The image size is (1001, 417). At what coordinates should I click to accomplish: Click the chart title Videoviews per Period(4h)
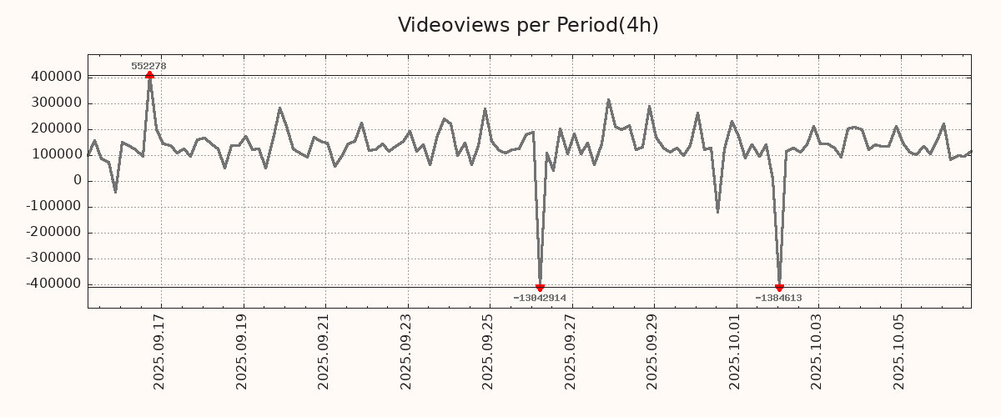click(x=528, y=25)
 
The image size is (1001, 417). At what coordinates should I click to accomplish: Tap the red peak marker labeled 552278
click(x=149, y=76)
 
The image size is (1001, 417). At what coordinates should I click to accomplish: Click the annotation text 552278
click(x=149, y=66)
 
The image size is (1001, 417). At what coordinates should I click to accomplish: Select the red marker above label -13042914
click(x=540, y=288)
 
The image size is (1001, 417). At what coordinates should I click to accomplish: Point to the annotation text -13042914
click(x=540, y=298)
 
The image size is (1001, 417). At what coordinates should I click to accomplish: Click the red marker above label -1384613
click(x=779, y=288)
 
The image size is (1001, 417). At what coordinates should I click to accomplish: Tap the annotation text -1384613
click(x=778, y=298)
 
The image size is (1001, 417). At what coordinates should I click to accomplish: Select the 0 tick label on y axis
click(x=77, y=180)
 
